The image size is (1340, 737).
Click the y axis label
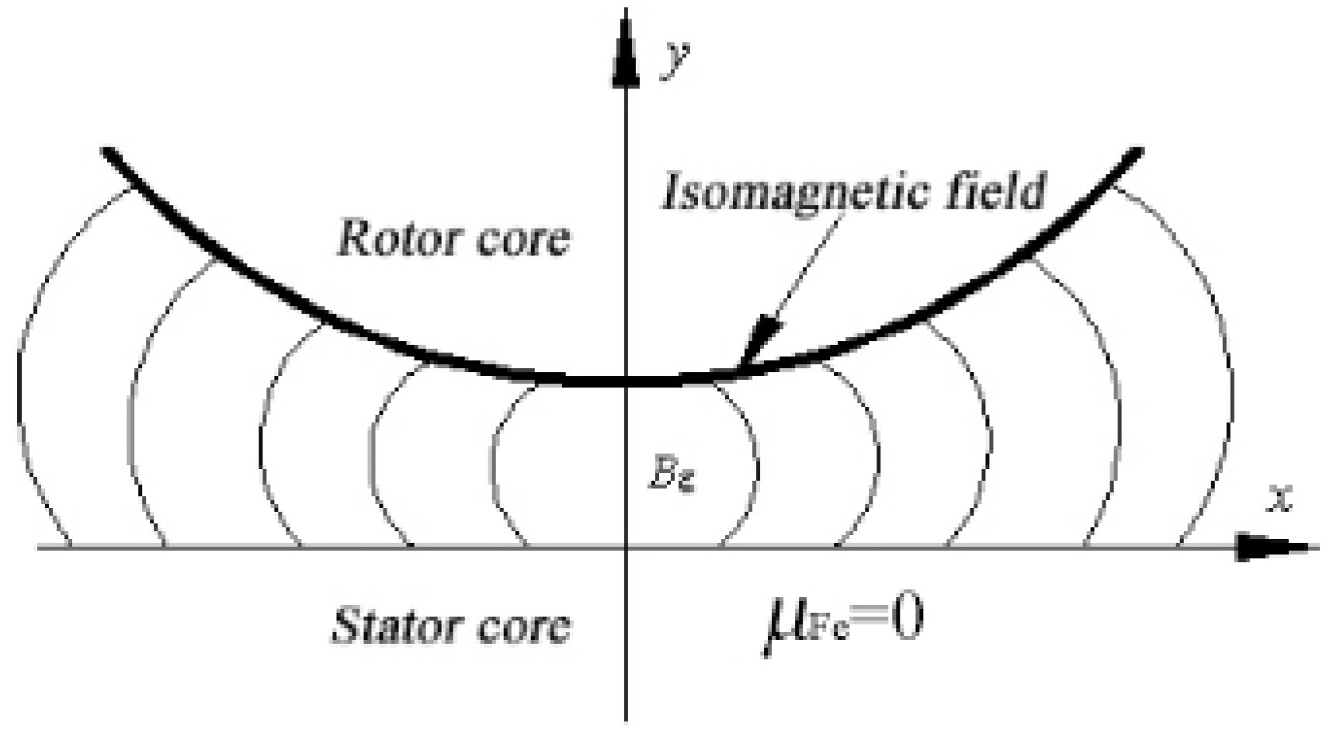coord(673,61)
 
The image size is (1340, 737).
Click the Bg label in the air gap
coord(672,475)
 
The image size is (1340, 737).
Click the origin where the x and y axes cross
coord(626,548)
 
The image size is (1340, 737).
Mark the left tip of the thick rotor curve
coord(106,150)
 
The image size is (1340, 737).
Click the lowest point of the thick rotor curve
coord(626,381)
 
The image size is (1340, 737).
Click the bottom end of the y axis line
coord(626,718)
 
